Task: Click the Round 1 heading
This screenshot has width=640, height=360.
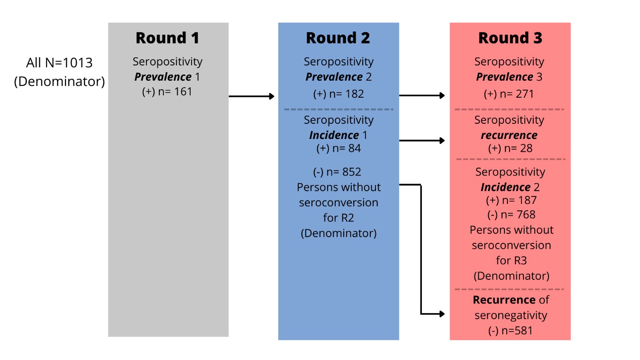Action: click(x=167, y=38)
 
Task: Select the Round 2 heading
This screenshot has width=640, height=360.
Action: click(x=338, y=38)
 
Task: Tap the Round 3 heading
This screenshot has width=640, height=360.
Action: click(x=510, y=38)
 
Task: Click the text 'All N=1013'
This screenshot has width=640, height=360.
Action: click(x=59, y=63)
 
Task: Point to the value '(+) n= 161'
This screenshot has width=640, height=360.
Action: click(x=167, y=92)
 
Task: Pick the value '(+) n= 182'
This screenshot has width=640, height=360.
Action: click(x=338, y=94)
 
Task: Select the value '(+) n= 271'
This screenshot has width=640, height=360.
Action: click(x=509, y=94)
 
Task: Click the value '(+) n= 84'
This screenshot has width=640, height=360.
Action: click(x=338, y=148)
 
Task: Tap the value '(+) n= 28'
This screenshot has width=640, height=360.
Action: click(x=510, y=148)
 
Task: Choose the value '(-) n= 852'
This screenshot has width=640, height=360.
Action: click(x=337, y=172)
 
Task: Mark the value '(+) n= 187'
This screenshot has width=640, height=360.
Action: click(x=512, y=200)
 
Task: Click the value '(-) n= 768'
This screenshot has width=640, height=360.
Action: click(x=512, y=214)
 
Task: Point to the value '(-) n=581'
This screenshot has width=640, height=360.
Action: click(x=510, y=331)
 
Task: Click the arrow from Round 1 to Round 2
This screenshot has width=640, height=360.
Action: click(x=251, y=96)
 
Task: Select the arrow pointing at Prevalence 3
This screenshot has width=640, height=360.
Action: click(x=422, y=95)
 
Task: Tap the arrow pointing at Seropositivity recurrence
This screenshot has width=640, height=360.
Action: click(x=422, y=140)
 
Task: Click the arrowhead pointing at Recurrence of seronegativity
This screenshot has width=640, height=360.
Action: click(x=442, y=314)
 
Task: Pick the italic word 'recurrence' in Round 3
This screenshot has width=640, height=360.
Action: click(x=509, y=135)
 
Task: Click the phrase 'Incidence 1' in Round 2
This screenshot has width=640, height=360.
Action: click(x=338, y=135)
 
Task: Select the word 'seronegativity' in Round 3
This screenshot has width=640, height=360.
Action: click(x=511, y=315)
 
